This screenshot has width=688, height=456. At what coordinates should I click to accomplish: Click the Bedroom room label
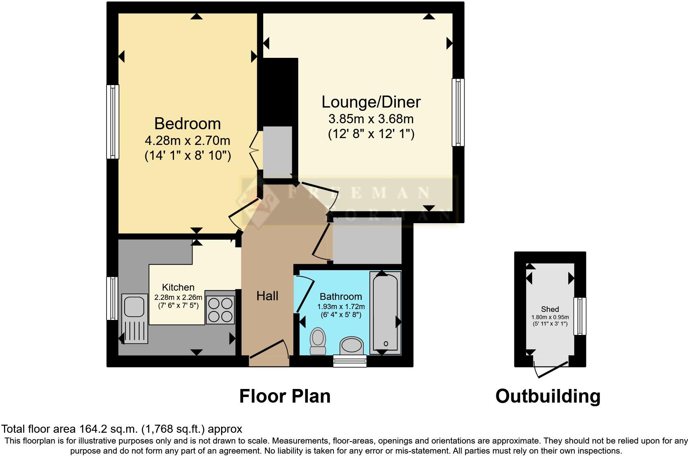(x=187, y=124)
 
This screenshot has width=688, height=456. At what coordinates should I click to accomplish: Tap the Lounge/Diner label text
(x=371, y=102)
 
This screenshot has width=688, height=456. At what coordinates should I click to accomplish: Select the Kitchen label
(x=178, y=287)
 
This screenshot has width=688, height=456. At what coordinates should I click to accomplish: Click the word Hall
(x=267, y=296)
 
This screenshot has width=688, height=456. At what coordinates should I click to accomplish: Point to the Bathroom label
(x=341, y=297)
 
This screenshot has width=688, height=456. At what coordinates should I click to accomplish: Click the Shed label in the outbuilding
(x=550, y=309)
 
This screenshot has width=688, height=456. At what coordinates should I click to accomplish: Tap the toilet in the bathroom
(x=318, y=341)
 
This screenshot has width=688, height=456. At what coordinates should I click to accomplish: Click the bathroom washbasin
(x=352, y=345)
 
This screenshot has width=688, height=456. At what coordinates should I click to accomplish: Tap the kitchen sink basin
(x=134, y=306)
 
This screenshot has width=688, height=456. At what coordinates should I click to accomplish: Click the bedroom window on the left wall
(x=113, y=122)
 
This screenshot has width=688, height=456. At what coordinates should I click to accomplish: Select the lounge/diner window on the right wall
(x=458, y=112)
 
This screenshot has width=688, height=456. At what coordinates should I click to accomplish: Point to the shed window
(x=580, y=316)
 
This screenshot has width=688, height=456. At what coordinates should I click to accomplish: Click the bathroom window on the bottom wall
(x=350, y=361)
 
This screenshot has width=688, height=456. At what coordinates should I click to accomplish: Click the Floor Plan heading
(x=285, y=396)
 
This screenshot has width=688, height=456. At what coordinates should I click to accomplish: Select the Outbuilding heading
(x=548, y=396)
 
